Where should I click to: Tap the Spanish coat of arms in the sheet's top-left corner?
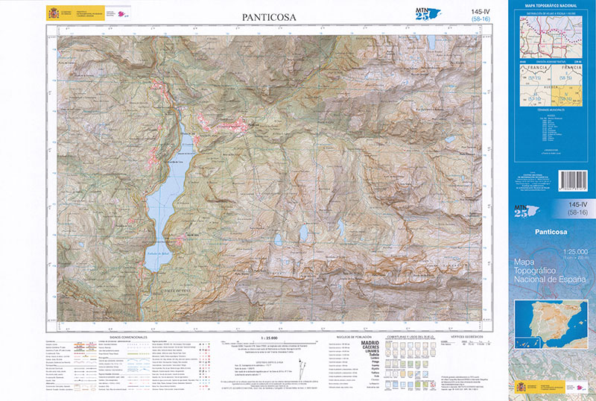click(53, 13)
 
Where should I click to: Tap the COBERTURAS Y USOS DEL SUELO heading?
click(408, 337)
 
